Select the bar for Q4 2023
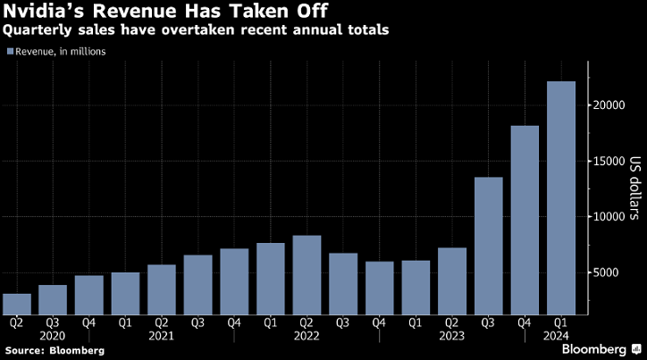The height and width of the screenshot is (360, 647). click(525, 220)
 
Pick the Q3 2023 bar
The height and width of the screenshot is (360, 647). click(488, 246)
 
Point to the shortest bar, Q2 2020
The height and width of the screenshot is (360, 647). click(17, 304)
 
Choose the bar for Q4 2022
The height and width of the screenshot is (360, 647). click(379, 288)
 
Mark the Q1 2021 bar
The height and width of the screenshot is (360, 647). click(126, 293)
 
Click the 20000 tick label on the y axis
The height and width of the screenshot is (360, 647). click(608, 105)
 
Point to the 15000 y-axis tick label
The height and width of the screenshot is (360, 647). click(608, 161)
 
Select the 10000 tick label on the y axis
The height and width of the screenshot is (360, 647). click(608, 217)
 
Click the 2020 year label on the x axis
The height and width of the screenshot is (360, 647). click(54, 337)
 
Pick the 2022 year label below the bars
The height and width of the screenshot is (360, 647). click(307, 337)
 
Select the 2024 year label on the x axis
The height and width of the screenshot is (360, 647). click(561, 337)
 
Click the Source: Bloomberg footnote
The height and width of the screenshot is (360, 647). click(54, 350)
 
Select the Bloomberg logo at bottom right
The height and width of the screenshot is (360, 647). click(599, 347)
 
